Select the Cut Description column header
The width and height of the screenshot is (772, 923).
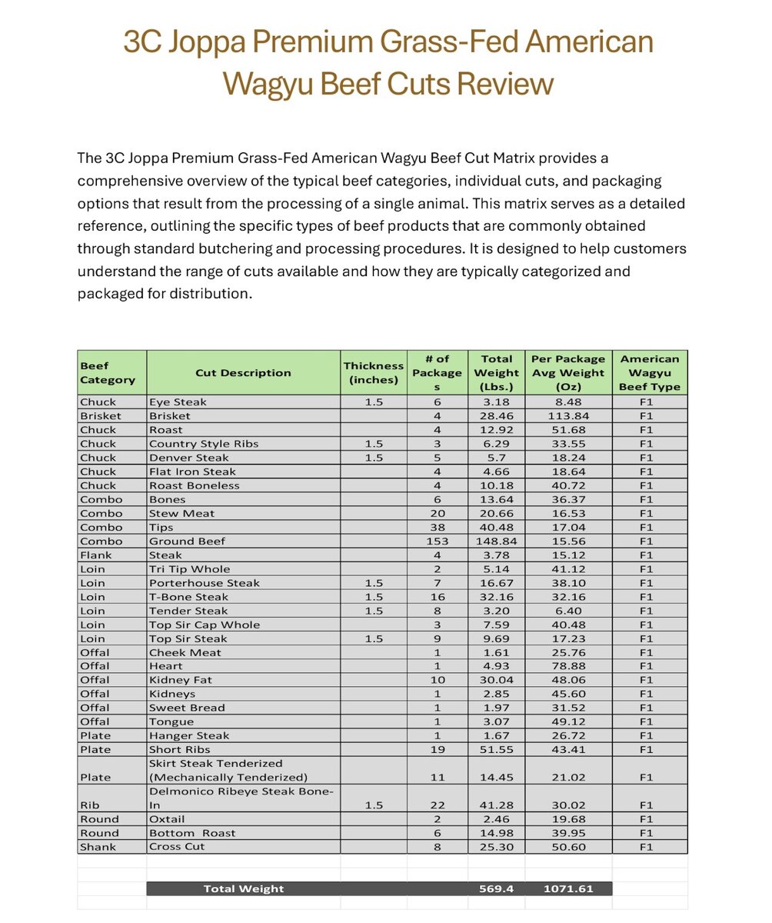(243, 373)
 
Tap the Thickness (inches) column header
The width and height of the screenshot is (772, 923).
(374, 373)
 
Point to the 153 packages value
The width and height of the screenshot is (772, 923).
(438, 541)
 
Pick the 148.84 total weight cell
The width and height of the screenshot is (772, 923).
(496, 541)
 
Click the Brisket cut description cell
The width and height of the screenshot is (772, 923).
(170, 415)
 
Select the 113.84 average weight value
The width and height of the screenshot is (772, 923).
(568, 415)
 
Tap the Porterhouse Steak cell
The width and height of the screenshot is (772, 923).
(194, 583)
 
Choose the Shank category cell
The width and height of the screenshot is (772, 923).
(98, 847)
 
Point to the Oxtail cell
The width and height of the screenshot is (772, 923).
(167, 819)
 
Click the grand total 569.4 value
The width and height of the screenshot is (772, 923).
(496, 888)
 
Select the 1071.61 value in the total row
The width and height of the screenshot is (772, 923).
(568, 888)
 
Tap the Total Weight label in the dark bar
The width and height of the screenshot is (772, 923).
(243, 888)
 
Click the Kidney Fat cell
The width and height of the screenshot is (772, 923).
(181, 680)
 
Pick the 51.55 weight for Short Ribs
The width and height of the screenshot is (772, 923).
(496, 749)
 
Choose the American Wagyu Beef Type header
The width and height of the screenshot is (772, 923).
(650, 373)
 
